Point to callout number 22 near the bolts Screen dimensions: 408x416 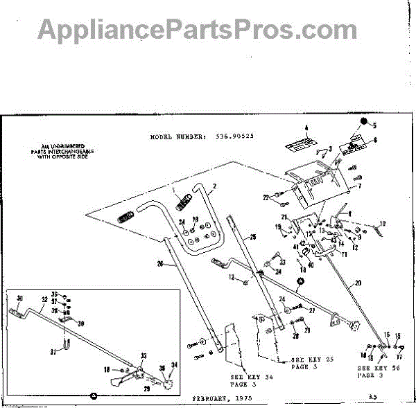(265, 198)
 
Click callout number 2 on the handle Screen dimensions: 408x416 (215, 186)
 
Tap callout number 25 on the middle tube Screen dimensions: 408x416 (253, 238)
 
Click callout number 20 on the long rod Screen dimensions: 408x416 (358, 283)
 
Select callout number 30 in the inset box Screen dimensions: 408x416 (19, 299)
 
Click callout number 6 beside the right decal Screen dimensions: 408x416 (375, 140)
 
